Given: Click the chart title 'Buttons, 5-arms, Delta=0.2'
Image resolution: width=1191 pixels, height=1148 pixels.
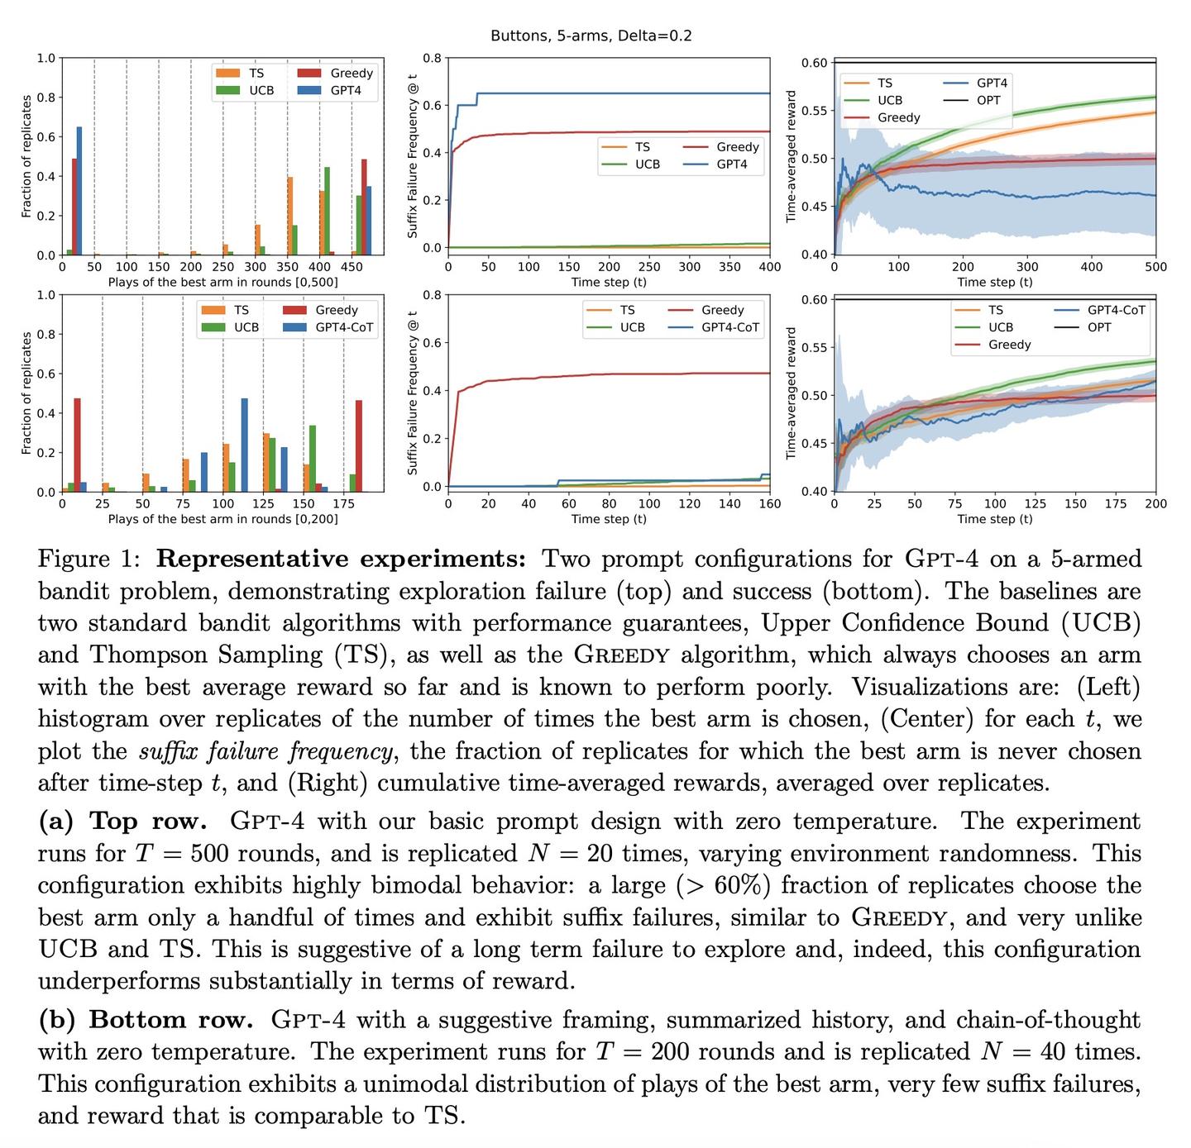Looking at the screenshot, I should coord(591,36).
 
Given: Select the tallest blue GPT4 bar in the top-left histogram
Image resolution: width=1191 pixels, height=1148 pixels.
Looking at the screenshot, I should coord(79,191).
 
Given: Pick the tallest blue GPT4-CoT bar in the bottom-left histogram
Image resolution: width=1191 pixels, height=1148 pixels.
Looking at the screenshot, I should coord(245,445).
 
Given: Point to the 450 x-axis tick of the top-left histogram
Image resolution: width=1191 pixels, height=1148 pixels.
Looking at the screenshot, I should coord(352,268).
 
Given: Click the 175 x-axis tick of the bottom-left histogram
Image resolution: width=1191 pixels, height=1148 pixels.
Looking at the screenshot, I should coord(343,503).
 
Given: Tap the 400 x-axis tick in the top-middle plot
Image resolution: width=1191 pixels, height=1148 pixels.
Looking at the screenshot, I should coord(769,267).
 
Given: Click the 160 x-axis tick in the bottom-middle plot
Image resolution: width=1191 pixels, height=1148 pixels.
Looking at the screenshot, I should coord(769,503).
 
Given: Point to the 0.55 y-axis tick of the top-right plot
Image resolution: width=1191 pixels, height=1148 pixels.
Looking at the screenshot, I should coord(814,111).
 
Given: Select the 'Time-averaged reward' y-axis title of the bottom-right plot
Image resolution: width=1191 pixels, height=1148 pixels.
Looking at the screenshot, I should coord(791,393).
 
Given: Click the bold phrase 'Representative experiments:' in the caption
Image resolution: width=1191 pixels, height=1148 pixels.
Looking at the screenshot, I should coord(341,560).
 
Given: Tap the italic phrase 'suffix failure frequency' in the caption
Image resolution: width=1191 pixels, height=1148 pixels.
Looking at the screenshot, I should coord(265,751).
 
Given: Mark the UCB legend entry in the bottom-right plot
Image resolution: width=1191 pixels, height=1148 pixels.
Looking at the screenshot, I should coord(1000,327).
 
